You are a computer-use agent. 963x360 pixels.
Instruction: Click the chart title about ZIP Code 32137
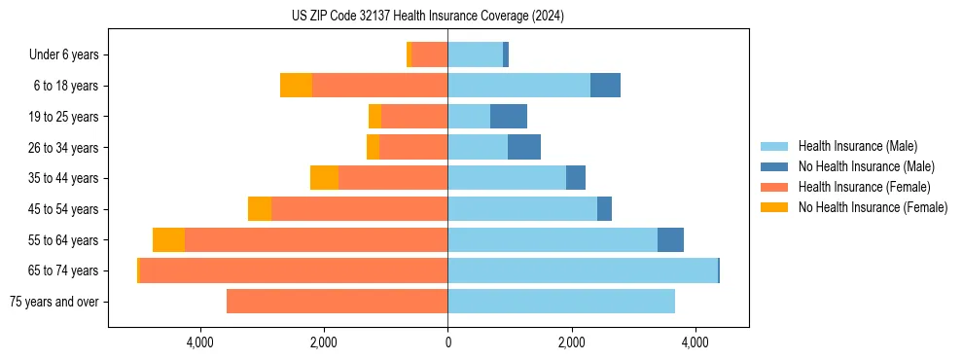click(427, 17)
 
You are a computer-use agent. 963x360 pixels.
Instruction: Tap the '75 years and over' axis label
click(53, 302)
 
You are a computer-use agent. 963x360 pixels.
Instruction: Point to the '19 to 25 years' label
click(65, 117)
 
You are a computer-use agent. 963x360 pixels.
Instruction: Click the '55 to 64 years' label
click(65, 240)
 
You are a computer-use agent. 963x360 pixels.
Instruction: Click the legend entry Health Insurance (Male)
click(858, 146)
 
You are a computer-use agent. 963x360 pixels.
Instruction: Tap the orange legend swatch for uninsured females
click(775, 207)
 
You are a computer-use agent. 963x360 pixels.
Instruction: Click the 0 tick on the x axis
click(447, 342)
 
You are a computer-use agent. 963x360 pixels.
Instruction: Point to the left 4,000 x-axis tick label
click(199, 342)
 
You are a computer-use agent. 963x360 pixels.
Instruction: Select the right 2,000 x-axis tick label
click(572, 342)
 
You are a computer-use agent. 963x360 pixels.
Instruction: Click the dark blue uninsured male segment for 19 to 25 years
click(509, 117)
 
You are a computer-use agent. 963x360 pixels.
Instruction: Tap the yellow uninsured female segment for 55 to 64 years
click(168, 240)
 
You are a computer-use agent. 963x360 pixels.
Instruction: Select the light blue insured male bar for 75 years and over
click(561, 302)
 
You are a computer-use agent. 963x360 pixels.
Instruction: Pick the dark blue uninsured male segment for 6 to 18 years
click(605, 86)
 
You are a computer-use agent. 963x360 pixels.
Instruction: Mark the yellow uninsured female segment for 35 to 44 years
click(324, 178)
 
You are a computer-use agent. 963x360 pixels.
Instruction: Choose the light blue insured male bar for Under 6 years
click(475, 55)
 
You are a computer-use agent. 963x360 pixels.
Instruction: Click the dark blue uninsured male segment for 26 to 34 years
click(524, 148)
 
